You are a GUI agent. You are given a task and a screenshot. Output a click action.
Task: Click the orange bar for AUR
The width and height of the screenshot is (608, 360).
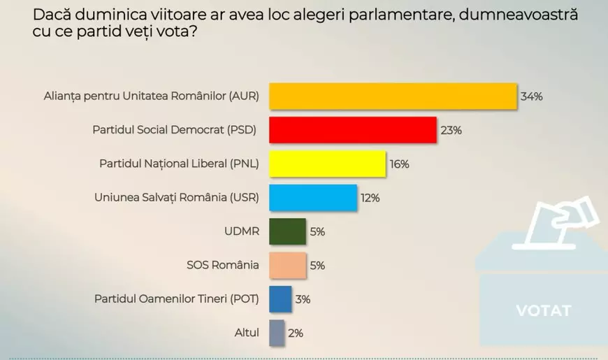(x=393, y=96)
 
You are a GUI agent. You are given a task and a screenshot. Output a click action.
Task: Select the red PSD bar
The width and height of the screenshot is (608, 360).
(x=353, y=130)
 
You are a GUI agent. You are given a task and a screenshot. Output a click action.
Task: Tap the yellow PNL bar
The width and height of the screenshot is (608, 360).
(x=327, y=164)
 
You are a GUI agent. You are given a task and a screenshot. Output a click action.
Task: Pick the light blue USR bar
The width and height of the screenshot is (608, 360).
(x=313, y=198)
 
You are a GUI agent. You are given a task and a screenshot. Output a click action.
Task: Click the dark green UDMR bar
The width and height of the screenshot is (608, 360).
(x=287, y=231)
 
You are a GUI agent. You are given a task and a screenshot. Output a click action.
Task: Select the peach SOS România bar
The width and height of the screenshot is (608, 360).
(x=287, y=266)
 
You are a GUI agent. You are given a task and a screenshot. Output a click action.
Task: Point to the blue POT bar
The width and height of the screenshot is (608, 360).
(x=280, y=299)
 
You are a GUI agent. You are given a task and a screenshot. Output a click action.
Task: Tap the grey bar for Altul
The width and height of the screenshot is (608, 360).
(x=277, y=333)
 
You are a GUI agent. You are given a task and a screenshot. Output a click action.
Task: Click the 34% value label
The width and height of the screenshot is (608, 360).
(x=531, y=96)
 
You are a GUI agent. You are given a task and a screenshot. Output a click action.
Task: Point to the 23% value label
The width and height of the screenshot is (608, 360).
(x=451, y=130)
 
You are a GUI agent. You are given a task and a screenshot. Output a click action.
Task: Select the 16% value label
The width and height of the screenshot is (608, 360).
(x=400, y=164)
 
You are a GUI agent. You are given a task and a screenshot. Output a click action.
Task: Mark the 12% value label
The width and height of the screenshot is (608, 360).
(x=370, y=198)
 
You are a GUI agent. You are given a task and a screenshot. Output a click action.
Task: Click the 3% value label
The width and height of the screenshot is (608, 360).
(x=302, y=299)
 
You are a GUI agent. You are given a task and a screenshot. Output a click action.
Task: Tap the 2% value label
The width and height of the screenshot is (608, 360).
(x=295, y=333)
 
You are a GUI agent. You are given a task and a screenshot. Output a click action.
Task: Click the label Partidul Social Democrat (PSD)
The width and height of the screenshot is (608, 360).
(x=175, y=130)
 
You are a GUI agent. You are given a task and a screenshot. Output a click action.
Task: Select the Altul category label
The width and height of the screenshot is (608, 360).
(x=247, y=333)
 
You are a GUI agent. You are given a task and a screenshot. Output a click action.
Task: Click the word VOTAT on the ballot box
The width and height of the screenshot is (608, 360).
(x=543, y=310)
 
